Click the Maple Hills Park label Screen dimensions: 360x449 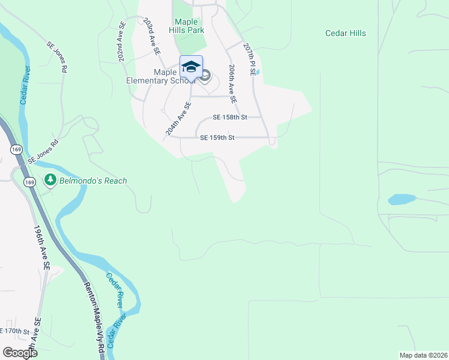pyautogui.click(x=190, y=26)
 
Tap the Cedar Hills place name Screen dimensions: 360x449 pyautogui.click(x=345, y=34)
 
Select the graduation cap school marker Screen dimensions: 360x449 pyautogui.click(x=191, y=67)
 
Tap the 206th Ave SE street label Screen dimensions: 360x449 pyautogui.click(x=232, y=83)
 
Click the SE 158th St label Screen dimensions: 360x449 pyautogui.click(x=230, y=118)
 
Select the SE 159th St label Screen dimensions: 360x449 pyautogui.click(x=217, y=137)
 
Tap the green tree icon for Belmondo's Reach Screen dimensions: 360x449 pyautogui.click(x=50, y=179)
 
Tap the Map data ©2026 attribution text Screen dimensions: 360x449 pyautogui.click(x=423, y=355)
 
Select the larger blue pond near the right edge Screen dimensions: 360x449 pyautogui.click(x=401, y=199)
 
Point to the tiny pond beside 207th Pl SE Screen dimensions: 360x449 pyautogui.click(x=257, y=72)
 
